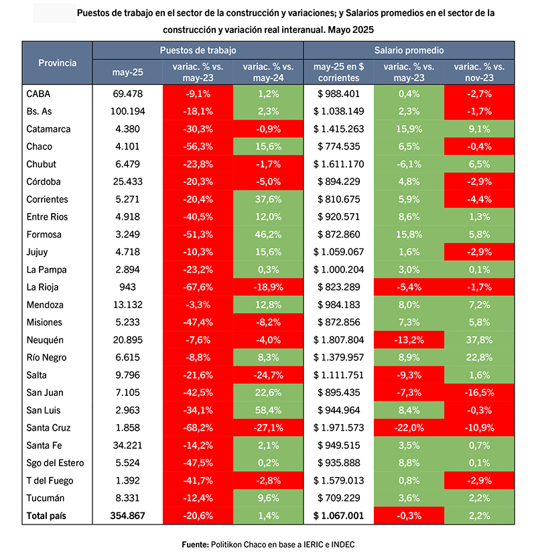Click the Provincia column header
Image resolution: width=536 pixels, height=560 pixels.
pyautogui.click(x=57, y=63)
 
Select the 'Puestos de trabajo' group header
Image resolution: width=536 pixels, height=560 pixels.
pyautogui.click(x=198, y=50)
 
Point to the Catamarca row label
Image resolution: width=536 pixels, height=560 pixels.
pyautogui.click(x=48, y=129)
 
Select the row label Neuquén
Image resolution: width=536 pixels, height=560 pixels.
pyautogui.click(x=45, y=340)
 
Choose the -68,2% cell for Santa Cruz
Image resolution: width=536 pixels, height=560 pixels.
pyautogui.click(x=198, y=428)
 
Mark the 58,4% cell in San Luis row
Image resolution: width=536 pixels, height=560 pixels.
pyautogui.click(x=268, y=411)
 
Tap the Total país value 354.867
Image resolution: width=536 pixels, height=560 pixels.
pyautogui.click(x=127, y=516)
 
